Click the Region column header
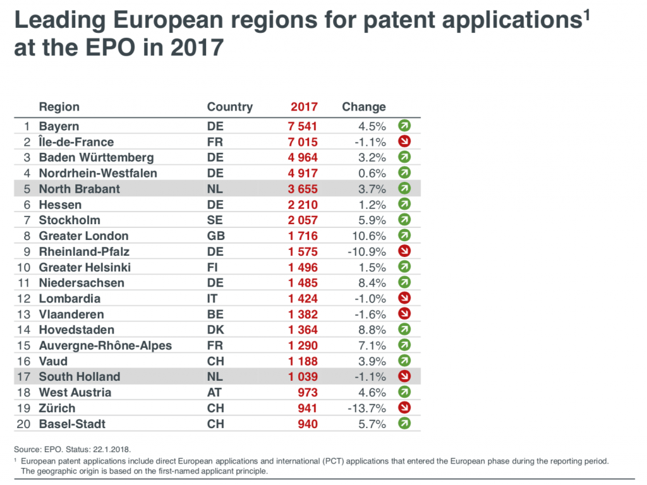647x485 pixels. click(59, 107)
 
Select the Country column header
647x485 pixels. click(229, 107)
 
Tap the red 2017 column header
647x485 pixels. click(304, 107)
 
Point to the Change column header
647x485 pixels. click(363, 107)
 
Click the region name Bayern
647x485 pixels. click(59, 126)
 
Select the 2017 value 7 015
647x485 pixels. click(303, 142)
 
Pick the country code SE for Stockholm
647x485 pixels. click(215, 220)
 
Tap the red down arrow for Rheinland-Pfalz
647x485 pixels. click(404, 251)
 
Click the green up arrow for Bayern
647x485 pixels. click(404, 126)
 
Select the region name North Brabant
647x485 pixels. click(79, 189)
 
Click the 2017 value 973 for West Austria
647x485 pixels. click(307, 392)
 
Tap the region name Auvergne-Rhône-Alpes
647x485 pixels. click(105, 345)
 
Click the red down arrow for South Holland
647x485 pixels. click(404, 377)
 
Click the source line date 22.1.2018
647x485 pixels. click(112, 450)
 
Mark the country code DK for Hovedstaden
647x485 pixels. click(215, 330)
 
